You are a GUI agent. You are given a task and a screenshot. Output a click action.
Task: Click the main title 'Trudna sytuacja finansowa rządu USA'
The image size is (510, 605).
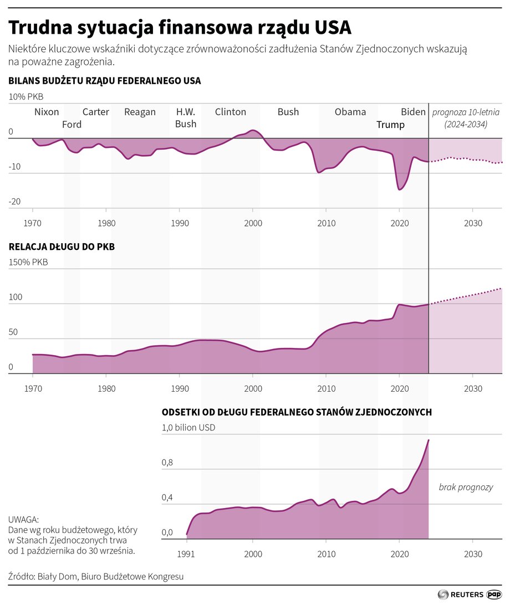(180, 27)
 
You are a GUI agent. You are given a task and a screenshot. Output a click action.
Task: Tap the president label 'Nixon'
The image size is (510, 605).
(47, 112)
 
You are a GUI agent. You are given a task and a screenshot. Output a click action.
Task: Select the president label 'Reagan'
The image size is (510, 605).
(140, 112)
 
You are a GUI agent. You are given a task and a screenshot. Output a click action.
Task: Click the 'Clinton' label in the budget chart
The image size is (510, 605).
(230, 112)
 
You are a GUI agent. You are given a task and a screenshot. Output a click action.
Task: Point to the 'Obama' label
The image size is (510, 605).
(350, 112)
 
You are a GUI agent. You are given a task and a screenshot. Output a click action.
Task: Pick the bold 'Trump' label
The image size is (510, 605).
(390, 125)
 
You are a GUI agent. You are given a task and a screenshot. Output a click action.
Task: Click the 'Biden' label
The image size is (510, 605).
(413, 112)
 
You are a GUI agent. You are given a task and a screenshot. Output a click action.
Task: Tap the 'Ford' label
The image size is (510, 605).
(72, 125)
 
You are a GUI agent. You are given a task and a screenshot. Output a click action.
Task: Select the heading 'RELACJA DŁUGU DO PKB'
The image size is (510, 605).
(62, 247)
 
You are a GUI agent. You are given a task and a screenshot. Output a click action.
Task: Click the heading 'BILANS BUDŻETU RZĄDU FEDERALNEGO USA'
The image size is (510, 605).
(104, 81)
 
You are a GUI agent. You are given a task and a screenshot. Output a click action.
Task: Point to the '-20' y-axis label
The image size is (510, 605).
(14, 202)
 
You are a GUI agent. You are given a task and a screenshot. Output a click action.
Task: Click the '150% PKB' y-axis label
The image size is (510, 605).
(28, 262)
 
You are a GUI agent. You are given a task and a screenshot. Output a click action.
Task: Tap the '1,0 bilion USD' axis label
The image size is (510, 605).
(188, 428)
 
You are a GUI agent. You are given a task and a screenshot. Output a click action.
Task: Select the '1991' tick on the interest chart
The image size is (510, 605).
(187, 555)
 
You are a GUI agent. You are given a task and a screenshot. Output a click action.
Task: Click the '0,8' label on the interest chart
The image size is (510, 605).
(167, 463)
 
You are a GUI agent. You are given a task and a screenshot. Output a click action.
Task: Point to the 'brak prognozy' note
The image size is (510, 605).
(466, 488)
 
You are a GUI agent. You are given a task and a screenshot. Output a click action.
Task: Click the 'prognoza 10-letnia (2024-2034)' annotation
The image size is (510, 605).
(466, 118)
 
